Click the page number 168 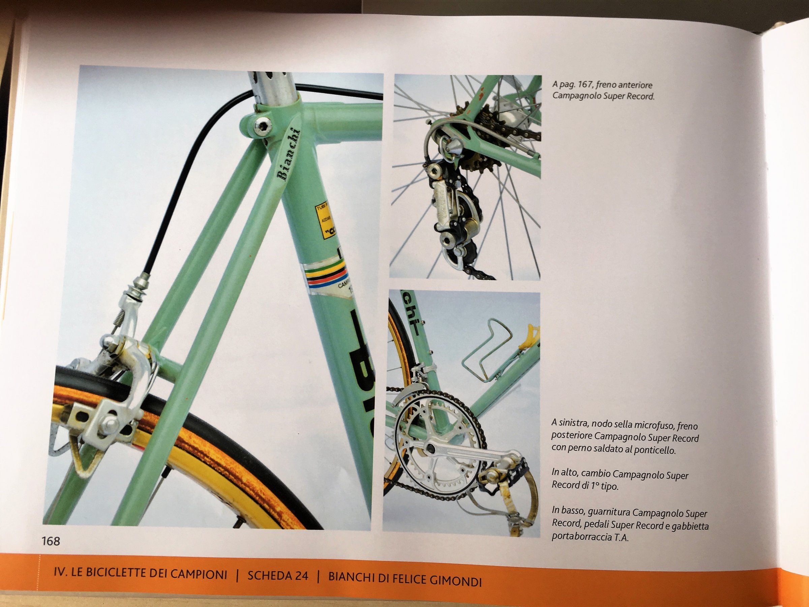pyautogui.click(x=51, y=541)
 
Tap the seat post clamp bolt pyautogui.click(x=262, y=127)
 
